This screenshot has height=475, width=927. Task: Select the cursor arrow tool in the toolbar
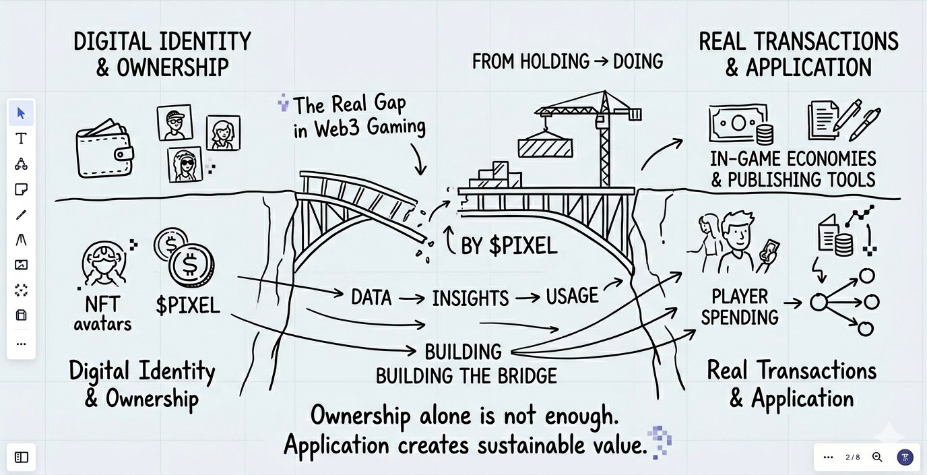pos(21,113)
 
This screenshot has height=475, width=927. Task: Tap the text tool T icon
pos(21,139)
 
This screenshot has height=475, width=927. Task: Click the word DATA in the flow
pos(371,297)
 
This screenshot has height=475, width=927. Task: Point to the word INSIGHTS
pos(470,298)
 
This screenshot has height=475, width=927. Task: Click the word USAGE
pos(572,296)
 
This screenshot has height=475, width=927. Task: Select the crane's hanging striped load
pos(544,148)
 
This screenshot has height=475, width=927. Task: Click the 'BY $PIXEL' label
pos(509,246)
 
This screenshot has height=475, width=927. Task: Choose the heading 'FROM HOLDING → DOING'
pos(567,62)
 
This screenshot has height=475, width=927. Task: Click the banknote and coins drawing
pos(740,124)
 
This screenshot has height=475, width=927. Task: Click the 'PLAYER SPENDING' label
pos(740,307)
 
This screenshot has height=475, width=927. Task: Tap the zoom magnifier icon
pos(877,457)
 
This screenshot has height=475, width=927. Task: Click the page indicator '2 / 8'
pos(853,457)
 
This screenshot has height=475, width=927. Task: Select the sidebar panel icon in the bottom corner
pos(22,457)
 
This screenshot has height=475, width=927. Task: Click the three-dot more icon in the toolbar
pos(21,344)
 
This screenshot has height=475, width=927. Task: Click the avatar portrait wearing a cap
pos(174,122)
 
